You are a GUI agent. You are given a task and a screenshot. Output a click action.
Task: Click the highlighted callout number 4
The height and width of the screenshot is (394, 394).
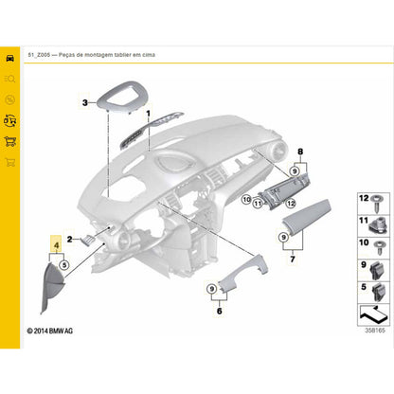pos(57,245)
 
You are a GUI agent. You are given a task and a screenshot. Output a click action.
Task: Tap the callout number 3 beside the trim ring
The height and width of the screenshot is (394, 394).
pos(85,102)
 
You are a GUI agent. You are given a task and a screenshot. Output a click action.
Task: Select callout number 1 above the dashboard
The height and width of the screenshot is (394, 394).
pos(148,114)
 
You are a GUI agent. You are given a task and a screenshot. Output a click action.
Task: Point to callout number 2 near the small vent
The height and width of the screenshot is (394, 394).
pos(69,240)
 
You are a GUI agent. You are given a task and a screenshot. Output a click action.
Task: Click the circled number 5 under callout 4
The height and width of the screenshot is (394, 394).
pos(64,264)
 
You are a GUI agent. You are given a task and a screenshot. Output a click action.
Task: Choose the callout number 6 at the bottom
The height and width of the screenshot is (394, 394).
pos(220,311)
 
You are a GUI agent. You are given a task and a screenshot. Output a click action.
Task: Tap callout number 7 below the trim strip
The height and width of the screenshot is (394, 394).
pos(293,260)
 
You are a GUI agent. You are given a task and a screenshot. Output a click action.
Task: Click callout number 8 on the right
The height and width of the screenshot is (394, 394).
pos(300,152)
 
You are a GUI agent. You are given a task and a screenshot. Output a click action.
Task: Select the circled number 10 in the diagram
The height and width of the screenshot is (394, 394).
pos(246,199)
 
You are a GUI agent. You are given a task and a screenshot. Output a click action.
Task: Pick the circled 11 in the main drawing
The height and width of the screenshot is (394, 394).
pos(258,204)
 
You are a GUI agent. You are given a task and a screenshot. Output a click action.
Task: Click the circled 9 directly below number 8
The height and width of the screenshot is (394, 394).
pos(295,171)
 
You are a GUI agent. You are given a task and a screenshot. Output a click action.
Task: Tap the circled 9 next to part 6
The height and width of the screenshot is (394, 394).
pos(212,289)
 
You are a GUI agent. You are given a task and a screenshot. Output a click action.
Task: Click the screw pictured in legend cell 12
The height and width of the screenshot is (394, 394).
pos(378,203)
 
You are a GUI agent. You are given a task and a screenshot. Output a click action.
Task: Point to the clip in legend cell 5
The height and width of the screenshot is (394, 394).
pos(379,293)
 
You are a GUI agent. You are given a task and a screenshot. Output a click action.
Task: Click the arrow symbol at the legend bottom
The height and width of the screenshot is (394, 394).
pos(373,314)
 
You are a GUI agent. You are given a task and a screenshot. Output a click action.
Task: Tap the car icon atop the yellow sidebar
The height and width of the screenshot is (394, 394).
pos(10,58)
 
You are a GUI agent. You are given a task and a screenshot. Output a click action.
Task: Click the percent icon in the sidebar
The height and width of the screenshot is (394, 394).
pos(10,100)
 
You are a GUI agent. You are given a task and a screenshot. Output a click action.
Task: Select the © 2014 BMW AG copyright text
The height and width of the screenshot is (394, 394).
pos(50,331)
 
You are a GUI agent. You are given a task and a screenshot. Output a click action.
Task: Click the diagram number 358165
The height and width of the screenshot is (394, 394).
pos(375,331)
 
